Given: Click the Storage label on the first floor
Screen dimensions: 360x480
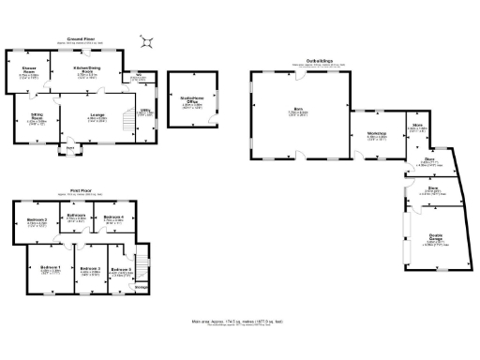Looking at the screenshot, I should click(141, 287).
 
